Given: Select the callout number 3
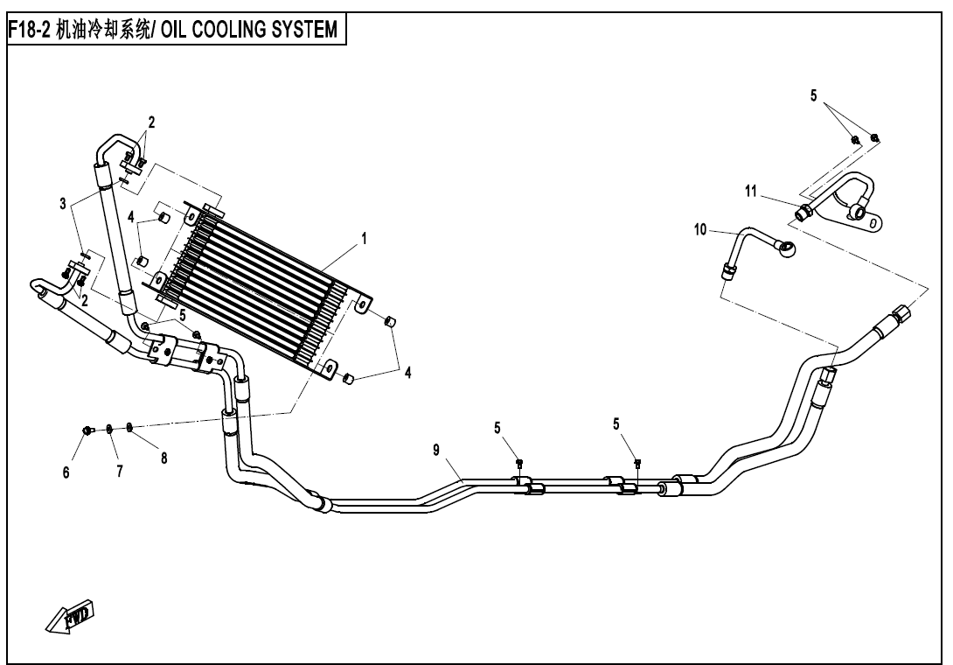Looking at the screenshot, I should coord(63,204).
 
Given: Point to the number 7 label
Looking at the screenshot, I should coord(119,472).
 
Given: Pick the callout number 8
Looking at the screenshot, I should coord(163,460).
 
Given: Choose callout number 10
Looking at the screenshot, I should coord(699,230).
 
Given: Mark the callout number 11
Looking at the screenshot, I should coord(751,192).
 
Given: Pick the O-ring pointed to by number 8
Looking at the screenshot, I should coord(129,426).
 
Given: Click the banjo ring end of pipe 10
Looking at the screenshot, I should coord(789,249).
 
